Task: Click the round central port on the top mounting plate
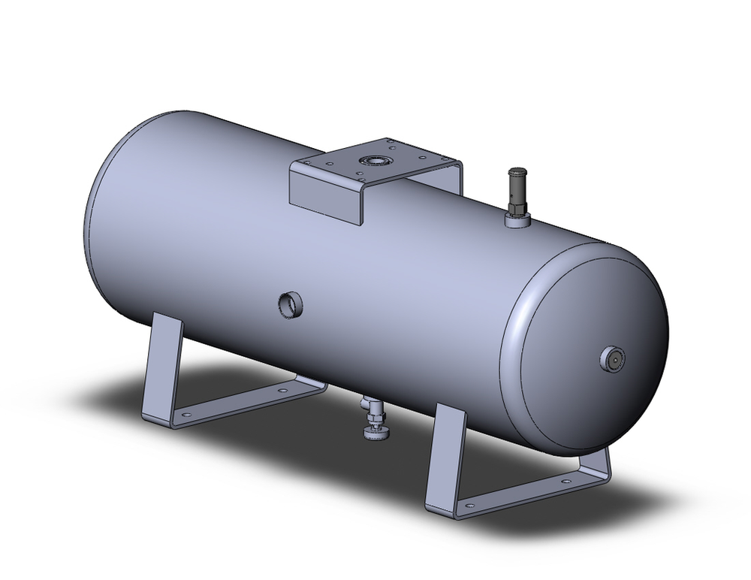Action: pyautogui.click(x=373, y=160)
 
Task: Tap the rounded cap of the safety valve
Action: pyautogui.click(x=517, y=175)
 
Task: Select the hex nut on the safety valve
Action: pyautogui.click(x=517, y=204)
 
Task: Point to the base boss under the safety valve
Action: pyautogui.click(x=517, y=220)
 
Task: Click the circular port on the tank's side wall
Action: pyautogui.click(x=290, y=304)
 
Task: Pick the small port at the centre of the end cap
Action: pyautogui.click(x=612, y=360)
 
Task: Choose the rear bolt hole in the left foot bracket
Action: pyautogui.click(x=282, y=391)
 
